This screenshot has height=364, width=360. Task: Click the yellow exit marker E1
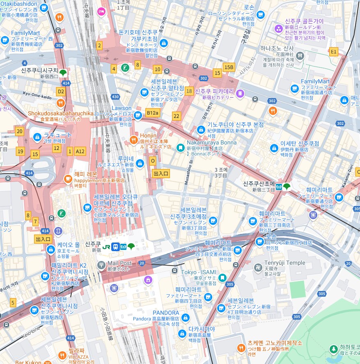(x=333, y=51)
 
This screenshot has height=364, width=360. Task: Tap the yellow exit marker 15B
(x=229, y=67)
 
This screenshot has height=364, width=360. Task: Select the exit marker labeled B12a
(x=152, y=112)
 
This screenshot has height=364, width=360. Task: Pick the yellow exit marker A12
(x=80, y=151)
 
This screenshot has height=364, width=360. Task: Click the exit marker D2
(x=61, y=92)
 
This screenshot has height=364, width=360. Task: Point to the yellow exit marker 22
(x=177, y=116)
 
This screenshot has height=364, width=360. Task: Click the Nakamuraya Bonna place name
(x=206, y=142)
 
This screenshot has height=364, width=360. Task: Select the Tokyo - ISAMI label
(x=199, y=272)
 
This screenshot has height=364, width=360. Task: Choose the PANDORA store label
(x=166, y=313)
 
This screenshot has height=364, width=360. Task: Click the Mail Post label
(x=119, y=263)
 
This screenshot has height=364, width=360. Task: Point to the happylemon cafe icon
(x=68, y=179)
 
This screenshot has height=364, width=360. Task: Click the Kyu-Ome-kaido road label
(x=37, y=95)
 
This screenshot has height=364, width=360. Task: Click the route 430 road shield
(x=115, y=97)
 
